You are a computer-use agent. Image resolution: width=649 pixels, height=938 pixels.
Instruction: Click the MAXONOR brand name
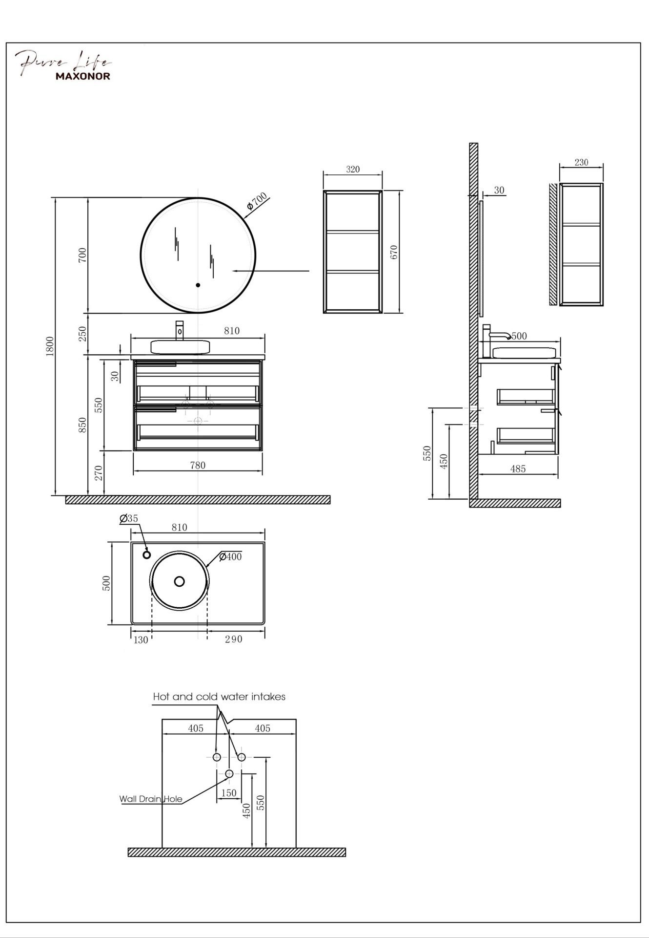point(82,76)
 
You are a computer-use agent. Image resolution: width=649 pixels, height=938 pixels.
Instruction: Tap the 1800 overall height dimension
point(50,346)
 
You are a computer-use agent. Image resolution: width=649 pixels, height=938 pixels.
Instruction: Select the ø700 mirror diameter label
point(257,201)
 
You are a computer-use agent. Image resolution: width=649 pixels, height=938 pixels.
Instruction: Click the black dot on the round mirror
point(198,285)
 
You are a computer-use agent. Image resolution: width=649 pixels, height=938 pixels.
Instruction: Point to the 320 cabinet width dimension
point(353,169)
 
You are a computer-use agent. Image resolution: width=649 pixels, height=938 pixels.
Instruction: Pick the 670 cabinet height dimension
point(394,252)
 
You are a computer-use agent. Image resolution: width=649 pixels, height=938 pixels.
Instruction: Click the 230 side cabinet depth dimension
point(581,162)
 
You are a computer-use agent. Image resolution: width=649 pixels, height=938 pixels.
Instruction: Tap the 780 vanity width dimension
point(198,465)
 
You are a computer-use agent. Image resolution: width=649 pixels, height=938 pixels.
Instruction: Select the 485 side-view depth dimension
point(518,469)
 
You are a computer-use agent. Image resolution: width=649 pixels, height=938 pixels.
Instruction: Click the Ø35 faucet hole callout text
point(129,518)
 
